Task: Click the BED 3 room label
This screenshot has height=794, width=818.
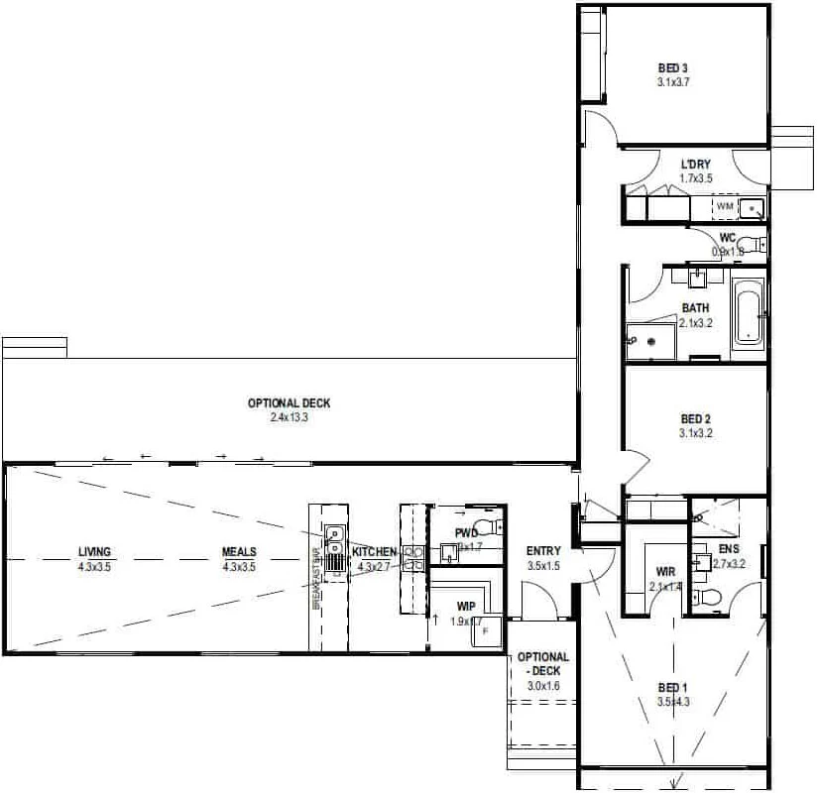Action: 672,68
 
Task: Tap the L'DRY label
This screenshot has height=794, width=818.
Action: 695,165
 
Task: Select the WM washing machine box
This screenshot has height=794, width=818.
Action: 725,206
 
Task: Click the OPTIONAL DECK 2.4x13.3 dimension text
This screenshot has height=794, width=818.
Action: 289,418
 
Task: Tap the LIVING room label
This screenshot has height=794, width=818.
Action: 95,552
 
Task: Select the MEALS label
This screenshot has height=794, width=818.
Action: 239,552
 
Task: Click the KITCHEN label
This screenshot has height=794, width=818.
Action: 374,552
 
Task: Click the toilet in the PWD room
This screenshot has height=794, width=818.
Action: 486,525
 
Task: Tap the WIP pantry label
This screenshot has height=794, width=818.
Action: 466,606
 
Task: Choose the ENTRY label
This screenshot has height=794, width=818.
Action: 544,552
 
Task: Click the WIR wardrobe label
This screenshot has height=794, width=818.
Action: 665,572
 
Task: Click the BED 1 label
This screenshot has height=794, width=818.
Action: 671,688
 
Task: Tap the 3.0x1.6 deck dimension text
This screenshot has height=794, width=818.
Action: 543,685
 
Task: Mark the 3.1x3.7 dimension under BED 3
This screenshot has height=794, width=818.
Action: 672,82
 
